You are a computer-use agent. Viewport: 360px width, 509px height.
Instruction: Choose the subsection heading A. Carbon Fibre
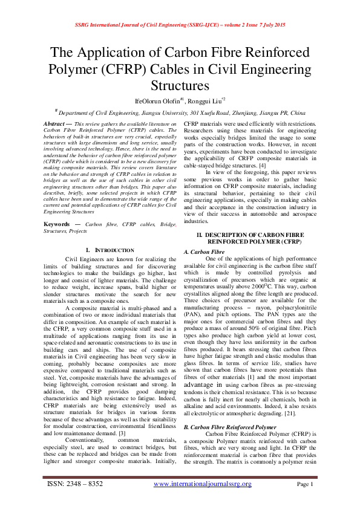tap(203, 251)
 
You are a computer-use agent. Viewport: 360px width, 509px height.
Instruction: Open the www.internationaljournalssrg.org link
tap(202, 484)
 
